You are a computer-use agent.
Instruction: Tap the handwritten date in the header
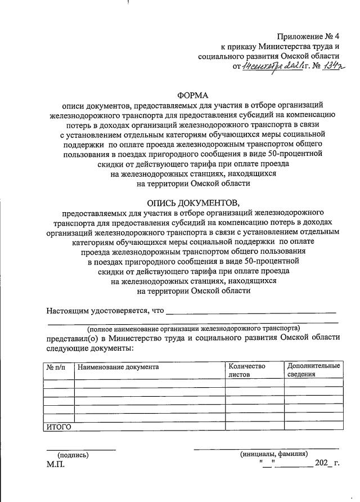pyautogui.click(x=269, y=67)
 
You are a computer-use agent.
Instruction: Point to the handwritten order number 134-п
pyautogui.click(x=326, y=66)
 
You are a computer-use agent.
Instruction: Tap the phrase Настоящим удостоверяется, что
pyautogui.click(x=105, y=311)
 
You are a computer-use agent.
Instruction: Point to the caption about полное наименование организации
pyautogui.click(x=193, y=328)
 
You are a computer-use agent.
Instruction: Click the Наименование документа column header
pyautogui.click(x=118, y=367)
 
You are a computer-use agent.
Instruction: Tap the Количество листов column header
pyautogui.click(x=246, y=370)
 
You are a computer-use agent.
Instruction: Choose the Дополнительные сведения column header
pyautogui.click(x=313, y=370)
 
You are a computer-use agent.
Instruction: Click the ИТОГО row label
pyautogui.click(x=58, y=427)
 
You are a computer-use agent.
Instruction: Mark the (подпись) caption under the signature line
pyautogui.click(x=73, y=454)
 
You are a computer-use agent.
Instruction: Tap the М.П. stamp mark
pyautogui.click(x=56, y=465)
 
